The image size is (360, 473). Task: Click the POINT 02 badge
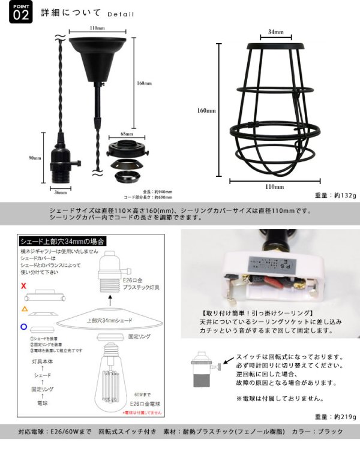click(x=19, y=13)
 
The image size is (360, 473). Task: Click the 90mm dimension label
click(x=34, y=158)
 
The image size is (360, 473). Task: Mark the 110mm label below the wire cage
click(x=274, y=186)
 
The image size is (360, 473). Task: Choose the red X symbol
click(x=23, y=287)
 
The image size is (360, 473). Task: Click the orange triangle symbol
click(x=24, y=308)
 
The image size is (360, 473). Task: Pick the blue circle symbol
click(x=23, y=327)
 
